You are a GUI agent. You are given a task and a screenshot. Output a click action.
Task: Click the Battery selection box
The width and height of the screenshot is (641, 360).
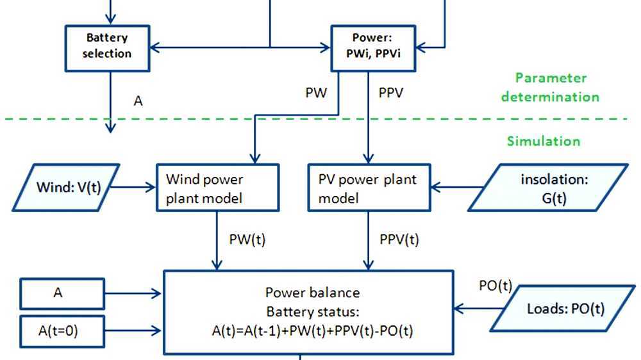(x=107, y=47)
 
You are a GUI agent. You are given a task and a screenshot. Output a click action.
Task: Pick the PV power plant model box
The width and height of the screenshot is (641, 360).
(x=368, y=188)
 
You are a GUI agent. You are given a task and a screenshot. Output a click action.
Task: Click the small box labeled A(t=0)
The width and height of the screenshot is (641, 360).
(x=62, y=331)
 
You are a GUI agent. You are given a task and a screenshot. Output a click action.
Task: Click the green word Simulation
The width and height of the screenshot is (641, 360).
(x=544, y=141)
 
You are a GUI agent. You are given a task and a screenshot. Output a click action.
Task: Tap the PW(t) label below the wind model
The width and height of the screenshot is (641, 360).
(x=247, y=240)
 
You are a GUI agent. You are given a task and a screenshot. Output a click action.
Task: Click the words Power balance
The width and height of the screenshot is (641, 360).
(x=313, y=293)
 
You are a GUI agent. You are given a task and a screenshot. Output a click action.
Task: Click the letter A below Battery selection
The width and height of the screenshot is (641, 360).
(x=138, y=101)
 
